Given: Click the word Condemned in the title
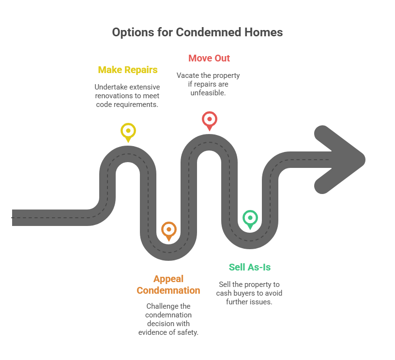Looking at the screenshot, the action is tap(209, 32).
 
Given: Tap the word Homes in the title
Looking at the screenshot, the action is tap(263, 32).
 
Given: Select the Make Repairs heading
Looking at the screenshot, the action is tap(128, 70).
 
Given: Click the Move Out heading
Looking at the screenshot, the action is tap(209, 58).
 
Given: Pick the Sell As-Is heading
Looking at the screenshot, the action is tap(250, 267).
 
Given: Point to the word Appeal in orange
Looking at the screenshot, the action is tap(168, 279).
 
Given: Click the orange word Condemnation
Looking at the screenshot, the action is tap(168, 290).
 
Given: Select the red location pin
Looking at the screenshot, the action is tap(209, 120).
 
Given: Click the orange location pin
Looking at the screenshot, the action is tap(169, 230).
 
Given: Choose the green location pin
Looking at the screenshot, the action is tap(250, 219).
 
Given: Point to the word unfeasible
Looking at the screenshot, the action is tap(208, 93).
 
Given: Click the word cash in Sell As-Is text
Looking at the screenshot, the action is tap(224, 293).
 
